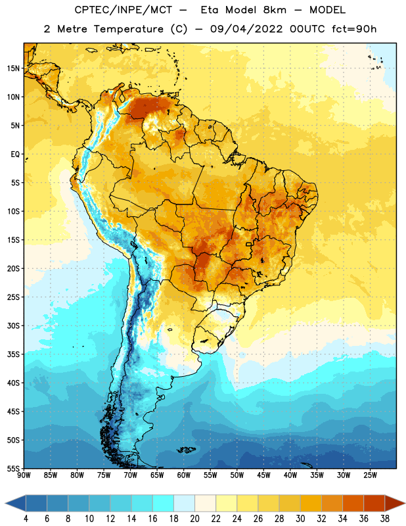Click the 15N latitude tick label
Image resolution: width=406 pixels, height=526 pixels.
click(13, 68)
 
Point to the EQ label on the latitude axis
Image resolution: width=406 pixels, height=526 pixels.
click(15, 155)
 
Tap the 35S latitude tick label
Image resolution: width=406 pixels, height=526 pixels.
click(13, 354)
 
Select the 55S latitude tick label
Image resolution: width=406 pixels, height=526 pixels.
click(13, 468)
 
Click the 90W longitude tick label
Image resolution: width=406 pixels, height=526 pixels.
click(24, 475)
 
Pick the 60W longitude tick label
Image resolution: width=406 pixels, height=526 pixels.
click(184, 475)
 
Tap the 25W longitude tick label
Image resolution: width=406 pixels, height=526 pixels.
click(370, 475)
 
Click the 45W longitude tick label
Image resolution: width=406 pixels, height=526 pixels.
click(264, 475)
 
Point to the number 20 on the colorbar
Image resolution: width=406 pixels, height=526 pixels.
click(194, 519)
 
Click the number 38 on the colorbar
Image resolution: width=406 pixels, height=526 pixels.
click(385, 519)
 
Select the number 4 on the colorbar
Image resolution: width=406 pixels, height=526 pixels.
click(26, 519)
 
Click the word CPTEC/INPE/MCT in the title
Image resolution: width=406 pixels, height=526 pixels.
click(124, 10)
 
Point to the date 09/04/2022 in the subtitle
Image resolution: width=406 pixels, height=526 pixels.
click(247, 29)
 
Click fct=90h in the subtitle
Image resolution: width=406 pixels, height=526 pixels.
click(354, 29)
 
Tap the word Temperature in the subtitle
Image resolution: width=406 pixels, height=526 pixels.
click(128, 29)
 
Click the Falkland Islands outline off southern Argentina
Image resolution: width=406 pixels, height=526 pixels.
click(186, 450)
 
